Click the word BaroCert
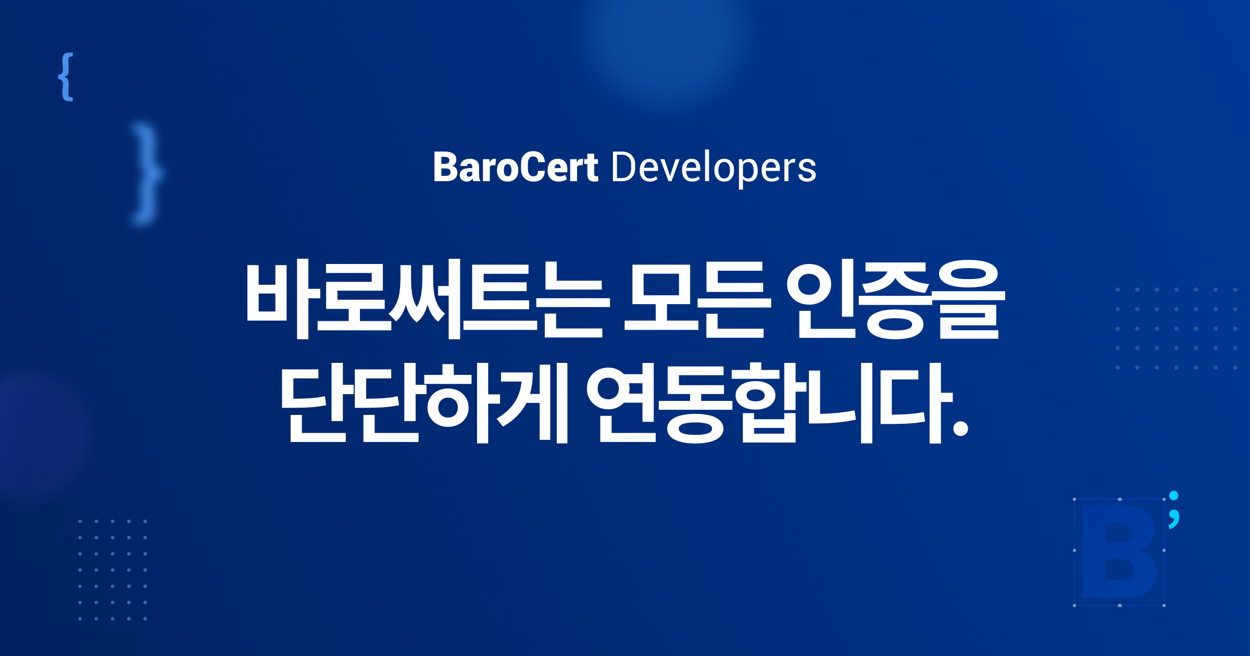point(516,168)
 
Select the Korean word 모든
point(697,299)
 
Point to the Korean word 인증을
point(895,299)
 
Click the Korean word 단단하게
point(424,402)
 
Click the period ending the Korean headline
point(960,428)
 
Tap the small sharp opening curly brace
point(66,77)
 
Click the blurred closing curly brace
point(147,174)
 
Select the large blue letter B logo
point(1119,551)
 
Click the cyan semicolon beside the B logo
point(1173,510)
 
